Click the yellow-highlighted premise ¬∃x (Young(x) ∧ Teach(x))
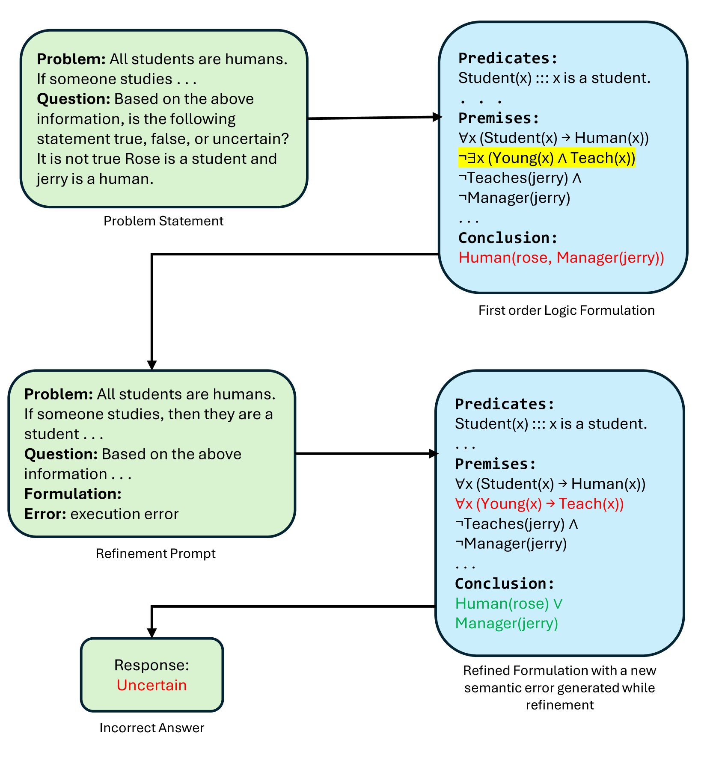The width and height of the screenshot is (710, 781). coord(547,158)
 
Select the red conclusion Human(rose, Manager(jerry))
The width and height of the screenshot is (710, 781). coord(561,257)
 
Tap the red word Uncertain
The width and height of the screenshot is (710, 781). coord(152,685)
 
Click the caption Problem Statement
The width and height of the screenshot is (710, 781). coord(163,221)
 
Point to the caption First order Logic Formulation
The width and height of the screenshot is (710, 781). coord(566,310)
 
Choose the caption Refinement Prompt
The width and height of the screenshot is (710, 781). coord(155,553)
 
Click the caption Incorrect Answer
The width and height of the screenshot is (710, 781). coord(152,728)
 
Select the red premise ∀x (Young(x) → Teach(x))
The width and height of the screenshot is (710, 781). coord(539,504)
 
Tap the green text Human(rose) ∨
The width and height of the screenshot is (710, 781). coord(509,603)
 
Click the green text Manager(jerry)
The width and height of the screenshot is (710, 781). coord(507,623)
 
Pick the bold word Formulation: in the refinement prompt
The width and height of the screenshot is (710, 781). coord(73,494)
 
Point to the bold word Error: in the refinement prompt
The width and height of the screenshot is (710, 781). coord(45,514)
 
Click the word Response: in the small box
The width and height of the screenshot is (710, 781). coord(152,665)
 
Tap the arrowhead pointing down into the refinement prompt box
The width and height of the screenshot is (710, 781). coord(152,365)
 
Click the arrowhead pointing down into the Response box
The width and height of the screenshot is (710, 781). coord(152,633)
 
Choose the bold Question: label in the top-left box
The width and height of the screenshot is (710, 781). coord(74,99)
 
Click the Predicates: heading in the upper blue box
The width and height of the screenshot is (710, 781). coord(508,58)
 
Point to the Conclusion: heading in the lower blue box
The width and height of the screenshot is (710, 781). coord(505,583)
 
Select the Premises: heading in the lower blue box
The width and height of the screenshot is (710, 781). coord(495,464)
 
